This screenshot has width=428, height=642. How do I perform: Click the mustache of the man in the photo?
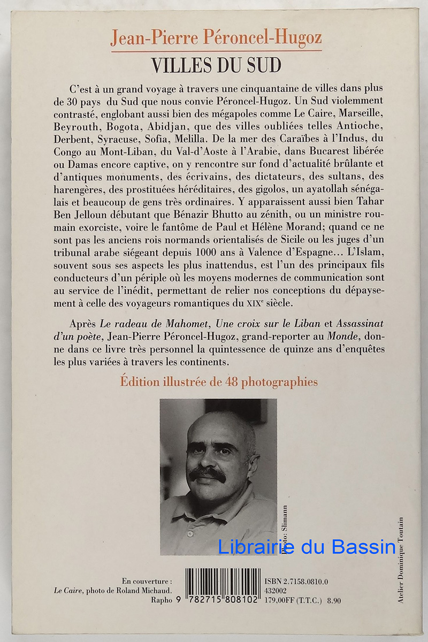coord(208,473)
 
